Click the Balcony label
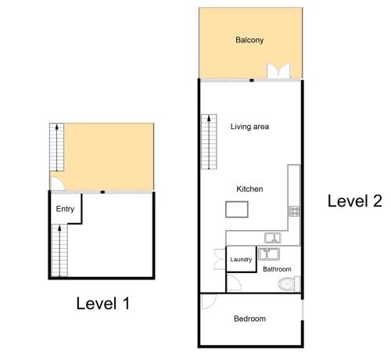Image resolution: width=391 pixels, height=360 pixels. coord(249,40)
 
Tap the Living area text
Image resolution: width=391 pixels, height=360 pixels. coord(249,127)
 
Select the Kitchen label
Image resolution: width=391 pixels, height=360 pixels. coord(249,189)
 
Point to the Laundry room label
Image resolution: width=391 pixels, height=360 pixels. coord(241,260)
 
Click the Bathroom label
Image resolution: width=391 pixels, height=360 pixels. coord(277,269)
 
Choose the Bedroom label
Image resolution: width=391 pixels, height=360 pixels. coord(249,319)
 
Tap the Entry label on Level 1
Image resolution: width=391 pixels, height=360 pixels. coord(65,209)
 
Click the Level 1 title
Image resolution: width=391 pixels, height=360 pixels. coord(102,304)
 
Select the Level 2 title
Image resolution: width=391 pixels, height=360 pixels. coord(354,201)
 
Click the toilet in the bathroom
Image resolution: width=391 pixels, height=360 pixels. coord(289,284)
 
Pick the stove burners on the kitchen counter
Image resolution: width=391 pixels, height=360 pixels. coord(294,211)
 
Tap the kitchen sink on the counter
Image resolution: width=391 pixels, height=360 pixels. coord(273,238)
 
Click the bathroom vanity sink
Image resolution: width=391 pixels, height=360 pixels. coord(269,254)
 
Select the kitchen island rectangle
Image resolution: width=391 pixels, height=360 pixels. coord(237,209)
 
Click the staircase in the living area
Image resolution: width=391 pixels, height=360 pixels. coord(209,142)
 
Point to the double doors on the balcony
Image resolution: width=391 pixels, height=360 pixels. coord(278,70)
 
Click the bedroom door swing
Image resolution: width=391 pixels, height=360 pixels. coord(209,302)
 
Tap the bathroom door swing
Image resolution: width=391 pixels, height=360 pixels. coord(234,283)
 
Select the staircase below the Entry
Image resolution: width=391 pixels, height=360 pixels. coord(59,250)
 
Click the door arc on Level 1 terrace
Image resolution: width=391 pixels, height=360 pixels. coord(57,183)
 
